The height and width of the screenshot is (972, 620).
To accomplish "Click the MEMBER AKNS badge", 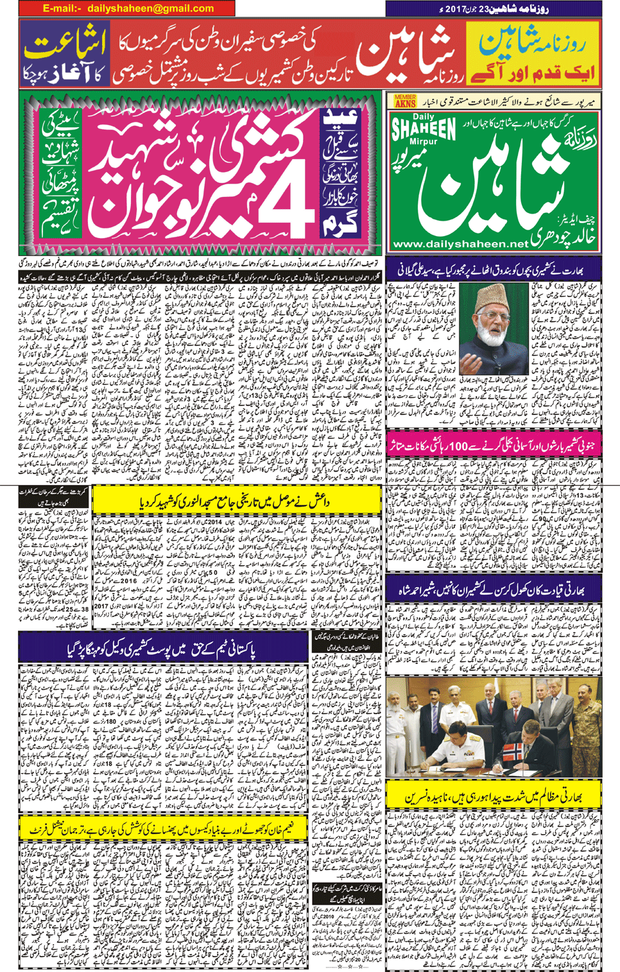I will [x=406, y=101].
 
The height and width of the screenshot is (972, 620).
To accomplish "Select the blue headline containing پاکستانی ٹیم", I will [x=164, y=651].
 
